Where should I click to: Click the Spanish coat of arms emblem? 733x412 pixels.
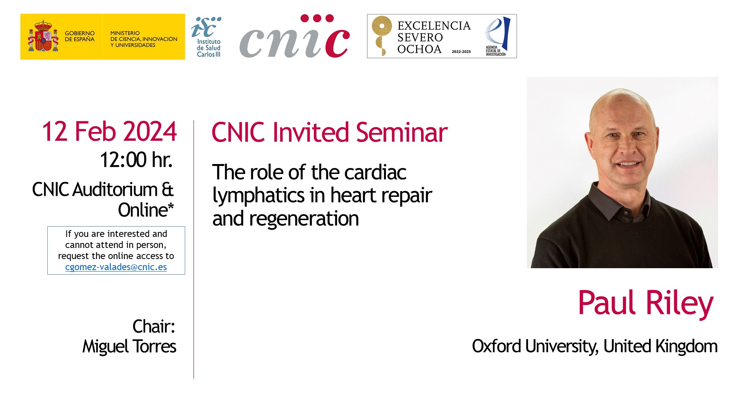click(43, 36)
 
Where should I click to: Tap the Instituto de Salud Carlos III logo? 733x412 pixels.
click(207, 37)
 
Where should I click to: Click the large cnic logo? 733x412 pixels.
click(294, 36)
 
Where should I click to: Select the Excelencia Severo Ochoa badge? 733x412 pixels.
click(442, 36)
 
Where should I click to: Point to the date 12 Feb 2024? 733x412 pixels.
click(109, 132)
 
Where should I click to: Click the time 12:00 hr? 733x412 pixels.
click(136, 159)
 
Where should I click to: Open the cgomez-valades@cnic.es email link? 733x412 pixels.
click(116, 267)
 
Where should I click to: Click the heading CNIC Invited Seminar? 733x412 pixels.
click(329, 132)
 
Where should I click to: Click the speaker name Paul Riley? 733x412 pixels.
click(646, 303)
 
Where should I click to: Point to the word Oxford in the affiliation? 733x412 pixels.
click(496, 346)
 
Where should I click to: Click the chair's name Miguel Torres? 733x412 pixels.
click(129, 346)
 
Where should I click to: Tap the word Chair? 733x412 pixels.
click(154, 327)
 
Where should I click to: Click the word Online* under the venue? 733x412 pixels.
click(146, 210)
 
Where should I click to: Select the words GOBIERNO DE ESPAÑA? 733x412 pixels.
click(79, 36)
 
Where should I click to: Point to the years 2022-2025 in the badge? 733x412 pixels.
click(461, 51)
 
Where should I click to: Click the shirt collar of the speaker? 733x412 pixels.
click(618, 200)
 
